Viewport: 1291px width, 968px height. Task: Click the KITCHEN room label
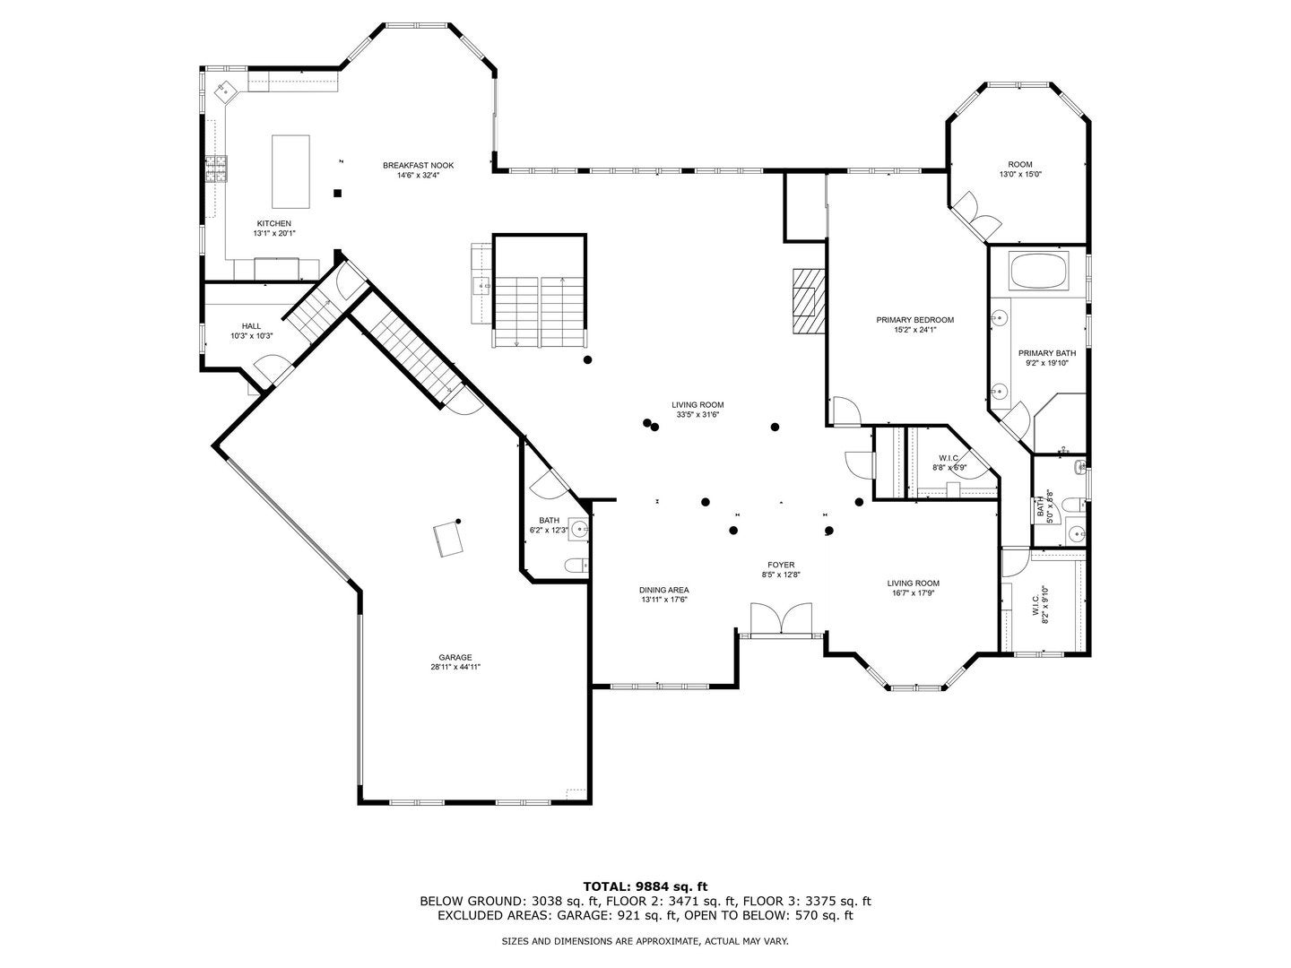click(273, 223)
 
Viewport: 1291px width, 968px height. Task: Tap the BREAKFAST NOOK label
click(418, 165)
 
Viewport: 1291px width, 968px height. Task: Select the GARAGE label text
click(455, 657)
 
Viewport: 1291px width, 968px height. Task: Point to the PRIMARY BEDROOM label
click(914, 320)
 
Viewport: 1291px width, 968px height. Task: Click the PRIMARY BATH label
click(1046, 353)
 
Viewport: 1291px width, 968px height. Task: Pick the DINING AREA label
click(663, 590)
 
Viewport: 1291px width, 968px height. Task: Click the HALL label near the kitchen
click(251, 326)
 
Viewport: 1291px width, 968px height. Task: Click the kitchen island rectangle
click(290, 170)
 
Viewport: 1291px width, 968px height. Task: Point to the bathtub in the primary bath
click(1039, 271)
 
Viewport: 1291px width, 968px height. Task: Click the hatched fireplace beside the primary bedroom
click(805, 300)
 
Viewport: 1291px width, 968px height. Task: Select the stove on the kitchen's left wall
click(216, 169)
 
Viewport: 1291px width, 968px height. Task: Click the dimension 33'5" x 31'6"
click(697, 415)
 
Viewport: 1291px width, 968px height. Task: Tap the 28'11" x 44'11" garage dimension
click(455, 667)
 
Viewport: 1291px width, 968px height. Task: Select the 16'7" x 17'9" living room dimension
click(913, 592)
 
